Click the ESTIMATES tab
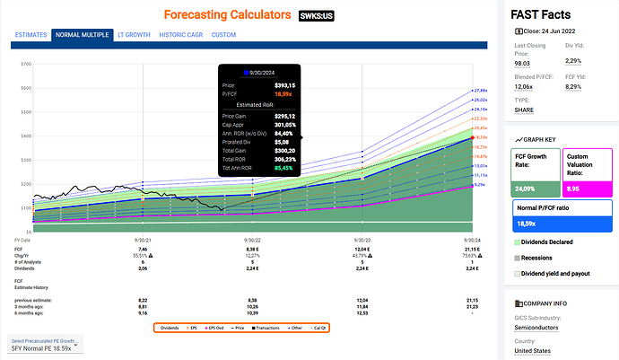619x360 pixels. pyautogui.click(x=30, y=35)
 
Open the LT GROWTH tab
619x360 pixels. pyautogui.click(x=134, y=35)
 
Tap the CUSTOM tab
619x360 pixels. pyautogui.click(x=224, y=35)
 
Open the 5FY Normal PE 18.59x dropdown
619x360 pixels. pyautogui.click(x=44, y=347)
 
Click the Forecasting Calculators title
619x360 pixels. pyautogui.click(x=227, y=15)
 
